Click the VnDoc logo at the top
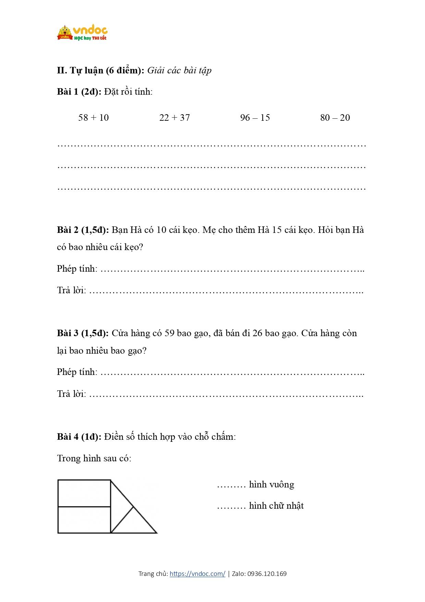tap(82, 33)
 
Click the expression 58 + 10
tap(93, 118)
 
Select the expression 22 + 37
tap(174, 118)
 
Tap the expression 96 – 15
tap(255, 118)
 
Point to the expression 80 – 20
tap(335, 118)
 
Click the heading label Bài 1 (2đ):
tap(79, 92)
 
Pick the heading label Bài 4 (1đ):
tap(79, 437)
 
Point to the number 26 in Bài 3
tap(257, 333)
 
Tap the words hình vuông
tap(271, 484)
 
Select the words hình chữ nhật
tap(276, 506)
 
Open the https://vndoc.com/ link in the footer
tap(197, 574)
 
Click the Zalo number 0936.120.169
tap(267, 574)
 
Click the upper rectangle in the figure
tap(84, 493)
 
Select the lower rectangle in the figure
tap(84, 520)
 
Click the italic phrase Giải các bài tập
tap(179, 70)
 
